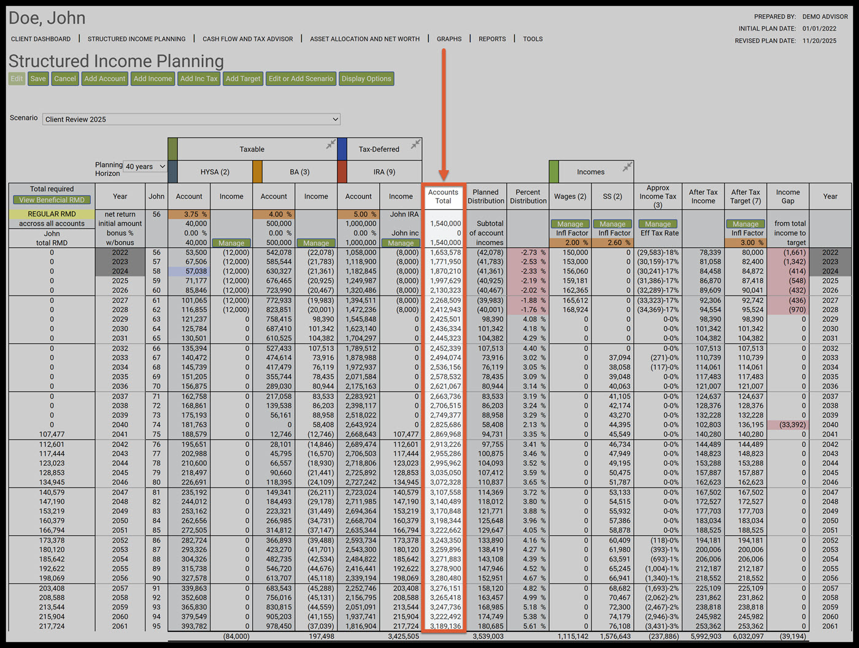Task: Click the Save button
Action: click(x=38, y=78)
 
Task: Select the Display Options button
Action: click(x=366, y=78)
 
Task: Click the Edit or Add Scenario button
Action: click(x=301, y=78)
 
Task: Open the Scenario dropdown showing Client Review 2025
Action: click(x=191, y=119)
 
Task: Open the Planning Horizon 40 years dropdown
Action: click(x=145, y=167)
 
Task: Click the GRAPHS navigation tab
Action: click(x=449, y=39)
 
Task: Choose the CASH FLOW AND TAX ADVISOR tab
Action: click(x=248, y=39)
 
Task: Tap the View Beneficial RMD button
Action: click(x=52, y=200)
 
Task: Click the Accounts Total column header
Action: click(x=443, y=196)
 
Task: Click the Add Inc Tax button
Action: click(x=199, y=78)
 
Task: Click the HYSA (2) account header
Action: click(x=215, y=172)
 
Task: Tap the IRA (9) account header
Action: click(x=384, y=172)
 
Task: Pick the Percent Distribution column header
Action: click(x=528, y=196)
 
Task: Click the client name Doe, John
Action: click(x=47, y=18)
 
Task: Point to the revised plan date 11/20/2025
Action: click(x=819, y=41)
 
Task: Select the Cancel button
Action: click(x=65, y=78)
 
